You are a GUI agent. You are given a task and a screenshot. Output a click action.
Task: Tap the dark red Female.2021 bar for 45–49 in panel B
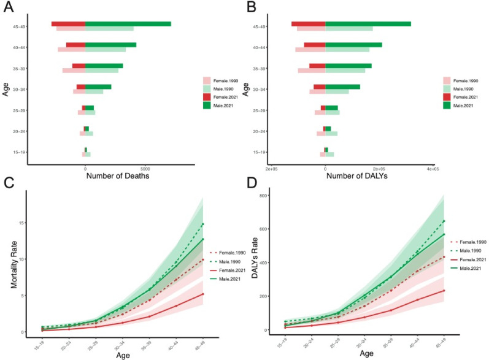tap(308, 24)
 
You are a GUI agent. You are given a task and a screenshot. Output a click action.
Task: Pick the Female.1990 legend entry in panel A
tap(225, 80)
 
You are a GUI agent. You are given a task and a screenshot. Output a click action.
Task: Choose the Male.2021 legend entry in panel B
tap(466, 105)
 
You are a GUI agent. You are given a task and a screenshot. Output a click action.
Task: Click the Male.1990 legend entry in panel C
tap(229, 261)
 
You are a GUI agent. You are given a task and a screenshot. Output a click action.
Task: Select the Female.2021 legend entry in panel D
tap(469, 260)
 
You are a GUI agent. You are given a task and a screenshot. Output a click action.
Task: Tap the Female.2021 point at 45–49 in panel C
tap(203, 294)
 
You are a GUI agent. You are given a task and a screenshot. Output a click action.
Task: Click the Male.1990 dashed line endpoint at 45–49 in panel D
tap(443, 221)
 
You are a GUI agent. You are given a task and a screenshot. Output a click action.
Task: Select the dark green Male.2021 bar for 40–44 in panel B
tap(353, 44)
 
